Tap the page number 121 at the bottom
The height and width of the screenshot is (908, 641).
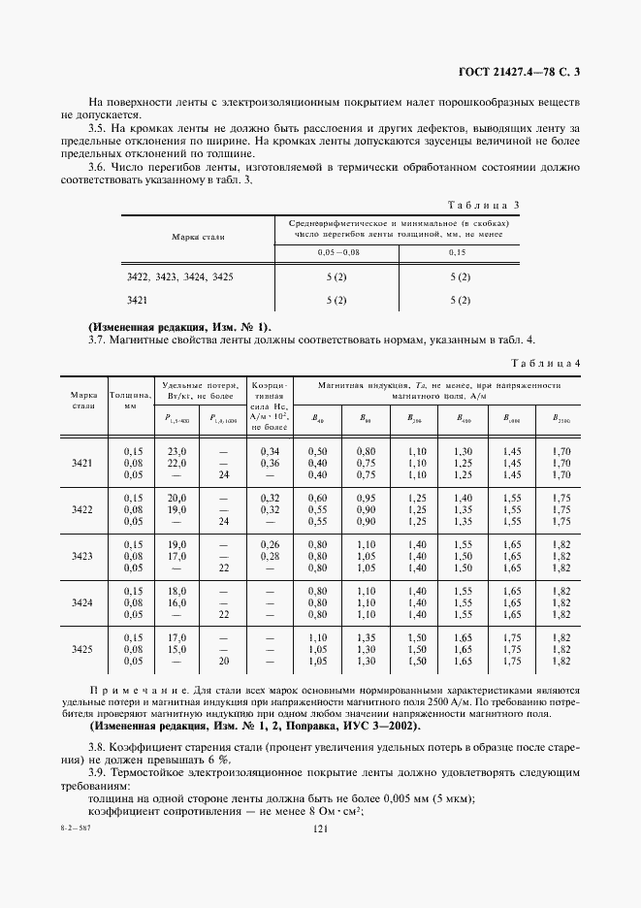(321, 883)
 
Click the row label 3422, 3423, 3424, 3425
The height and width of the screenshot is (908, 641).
(179, 277)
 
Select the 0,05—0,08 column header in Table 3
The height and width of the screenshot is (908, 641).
(337, 252)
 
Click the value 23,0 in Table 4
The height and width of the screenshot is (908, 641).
(176, 451)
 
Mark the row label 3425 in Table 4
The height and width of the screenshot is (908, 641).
(82, 649)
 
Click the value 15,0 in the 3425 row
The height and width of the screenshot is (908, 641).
(176, 649)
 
